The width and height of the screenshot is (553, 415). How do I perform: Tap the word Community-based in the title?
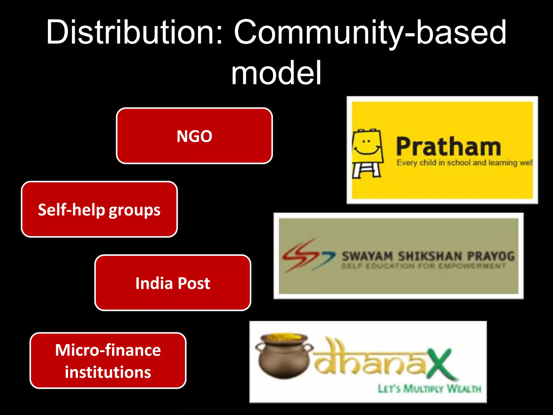pyautogui.click(x=370, y=32)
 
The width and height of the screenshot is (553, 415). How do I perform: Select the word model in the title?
pyautogui.click(x=276, y=73)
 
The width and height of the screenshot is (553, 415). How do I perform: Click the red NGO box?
pyautogui.click(x=194, y=136)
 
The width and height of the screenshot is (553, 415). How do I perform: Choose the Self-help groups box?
pyautogui.click(x=99, y=209)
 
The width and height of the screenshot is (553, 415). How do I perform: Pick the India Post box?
pyautogui.click(x=173, y=283)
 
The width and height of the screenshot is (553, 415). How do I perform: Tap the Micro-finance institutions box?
pyautogui.click(x=108, y=360)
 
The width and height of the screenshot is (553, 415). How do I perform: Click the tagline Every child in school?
pyautogui.click(x=464, y=163)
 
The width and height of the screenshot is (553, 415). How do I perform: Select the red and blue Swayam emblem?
pyautogui.click(x=308, y=255)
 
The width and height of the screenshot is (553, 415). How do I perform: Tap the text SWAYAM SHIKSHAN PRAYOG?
pyautogui.click(x=428, y=256)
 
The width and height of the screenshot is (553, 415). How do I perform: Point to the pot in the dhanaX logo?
pyautogui.click(x=284, y=357)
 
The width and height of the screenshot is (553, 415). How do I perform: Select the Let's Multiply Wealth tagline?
pyautogui.click(x=429, y=389)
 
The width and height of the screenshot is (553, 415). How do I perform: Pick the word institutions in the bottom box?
pyautogui.click(x=108, y=372)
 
